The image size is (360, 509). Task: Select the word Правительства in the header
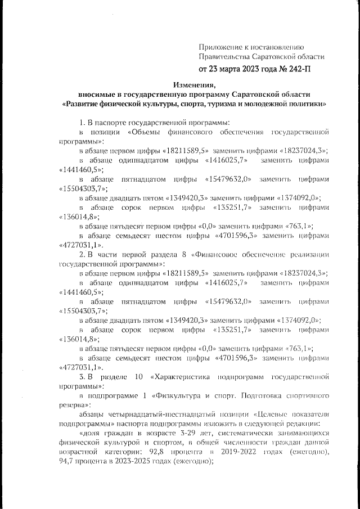click(225, 56)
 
